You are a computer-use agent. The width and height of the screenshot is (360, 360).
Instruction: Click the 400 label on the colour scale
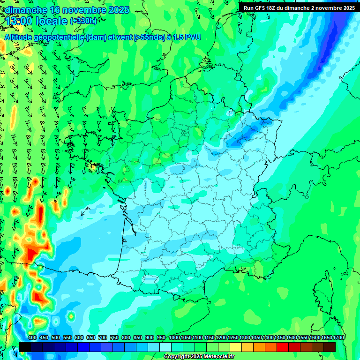[x=32, y=338]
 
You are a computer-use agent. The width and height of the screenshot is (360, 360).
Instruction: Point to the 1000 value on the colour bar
[x=174, y=338]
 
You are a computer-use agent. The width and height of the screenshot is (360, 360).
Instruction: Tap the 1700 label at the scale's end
[x=339, y=338]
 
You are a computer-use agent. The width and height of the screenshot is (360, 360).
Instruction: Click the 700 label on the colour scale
[x=103, y=338]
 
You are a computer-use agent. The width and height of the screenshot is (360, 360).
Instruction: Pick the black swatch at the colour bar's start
[x=25, y=347]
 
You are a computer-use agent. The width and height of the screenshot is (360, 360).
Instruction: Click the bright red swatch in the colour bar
[x=283, y=347]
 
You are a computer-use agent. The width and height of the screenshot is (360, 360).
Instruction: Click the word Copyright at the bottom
[x=176, y=357]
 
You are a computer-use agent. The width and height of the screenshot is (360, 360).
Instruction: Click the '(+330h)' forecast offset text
[x=83, y=21]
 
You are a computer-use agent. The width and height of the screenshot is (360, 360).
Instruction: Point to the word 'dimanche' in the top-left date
[x=26, y=10]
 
